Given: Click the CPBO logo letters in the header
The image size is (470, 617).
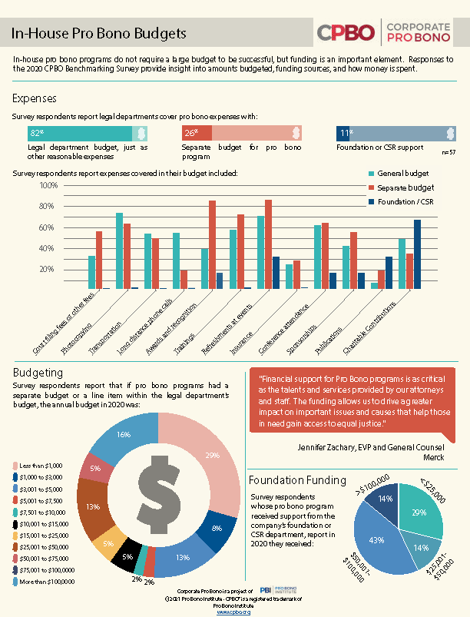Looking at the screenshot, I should click(x=346, y=32).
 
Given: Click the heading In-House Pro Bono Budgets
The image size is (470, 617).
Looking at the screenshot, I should click(x=99, y=34).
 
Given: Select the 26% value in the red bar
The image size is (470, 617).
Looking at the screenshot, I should click(x=191, y=133).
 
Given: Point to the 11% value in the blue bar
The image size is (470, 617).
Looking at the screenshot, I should click(x=346, y=133).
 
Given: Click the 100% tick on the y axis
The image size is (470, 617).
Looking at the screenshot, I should click(x=48, y=186).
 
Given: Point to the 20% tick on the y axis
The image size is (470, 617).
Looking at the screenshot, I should click(x=48, y=270).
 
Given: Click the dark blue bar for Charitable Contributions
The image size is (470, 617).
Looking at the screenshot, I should click(x=417, y=254).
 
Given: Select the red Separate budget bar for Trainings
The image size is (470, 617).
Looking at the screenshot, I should click(x=212, y=244).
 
